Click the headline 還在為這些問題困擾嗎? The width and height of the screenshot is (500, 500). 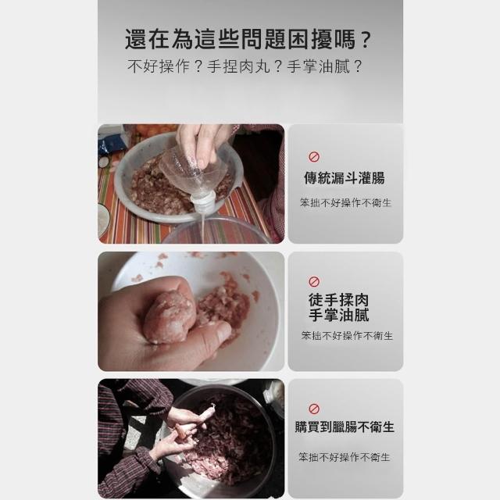click(x=248, y=39)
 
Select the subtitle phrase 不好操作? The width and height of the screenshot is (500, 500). click(x=165, y=66)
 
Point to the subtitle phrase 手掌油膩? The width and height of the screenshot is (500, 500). click(x=325, y=66)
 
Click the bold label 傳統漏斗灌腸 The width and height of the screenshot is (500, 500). click(x=345, y=178)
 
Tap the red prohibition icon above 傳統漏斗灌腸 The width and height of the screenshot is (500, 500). click(x=314, y=156)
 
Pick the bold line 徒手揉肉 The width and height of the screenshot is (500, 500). click(x=338, y=300)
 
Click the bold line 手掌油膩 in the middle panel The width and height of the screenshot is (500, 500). click(x=338, y=315)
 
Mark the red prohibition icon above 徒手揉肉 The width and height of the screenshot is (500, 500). click(x=314, y=281)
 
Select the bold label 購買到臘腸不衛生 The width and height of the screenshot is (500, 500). click(x=345, y=427)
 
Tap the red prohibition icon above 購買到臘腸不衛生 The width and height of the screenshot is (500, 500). click(x=314, y=409)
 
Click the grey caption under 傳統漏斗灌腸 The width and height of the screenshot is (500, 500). click(x=345, y=202)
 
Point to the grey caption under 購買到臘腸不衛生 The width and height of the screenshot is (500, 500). click(x=345, y=457)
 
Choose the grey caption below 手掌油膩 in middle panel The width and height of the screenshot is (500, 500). click(x=347, y=335)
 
